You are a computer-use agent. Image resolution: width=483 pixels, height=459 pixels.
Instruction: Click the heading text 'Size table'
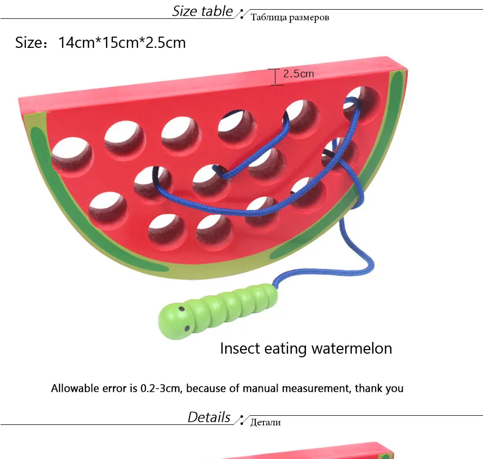[x=202, y=11]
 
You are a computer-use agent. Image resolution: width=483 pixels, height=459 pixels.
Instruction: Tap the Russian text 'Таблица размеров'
[x=290, y=18]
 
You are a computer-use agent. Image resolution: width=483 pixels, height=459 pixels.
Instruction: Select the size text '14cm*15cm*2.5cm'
[x=122, y=42]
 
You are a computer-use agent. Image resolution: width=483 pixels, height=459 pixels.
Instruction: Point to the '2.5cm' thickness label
[x=298, y=74]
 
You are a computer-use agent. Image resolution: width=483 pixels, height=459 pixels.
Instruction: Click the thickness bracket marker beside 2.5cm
[x=276, y=77]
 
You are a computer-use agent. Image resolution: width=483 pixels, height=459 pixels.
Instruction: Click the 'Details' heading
[x=209, y=417]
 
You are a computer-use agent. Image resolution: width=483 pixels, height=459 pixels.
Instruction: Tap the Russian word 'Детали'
[x=265, y=422]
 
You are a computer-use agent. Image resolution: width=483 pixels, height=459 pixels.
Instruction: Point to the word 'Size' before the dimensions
[x=28, y=42]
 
